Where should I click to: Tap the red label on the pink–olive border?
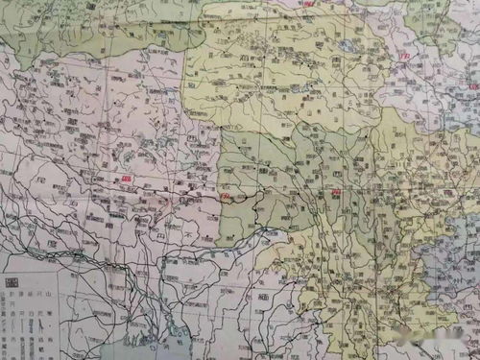coord(227,196)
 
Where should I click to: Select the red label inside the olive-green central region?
coord(336,192)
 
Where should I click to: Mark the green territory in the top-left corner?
coord(58,24)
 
